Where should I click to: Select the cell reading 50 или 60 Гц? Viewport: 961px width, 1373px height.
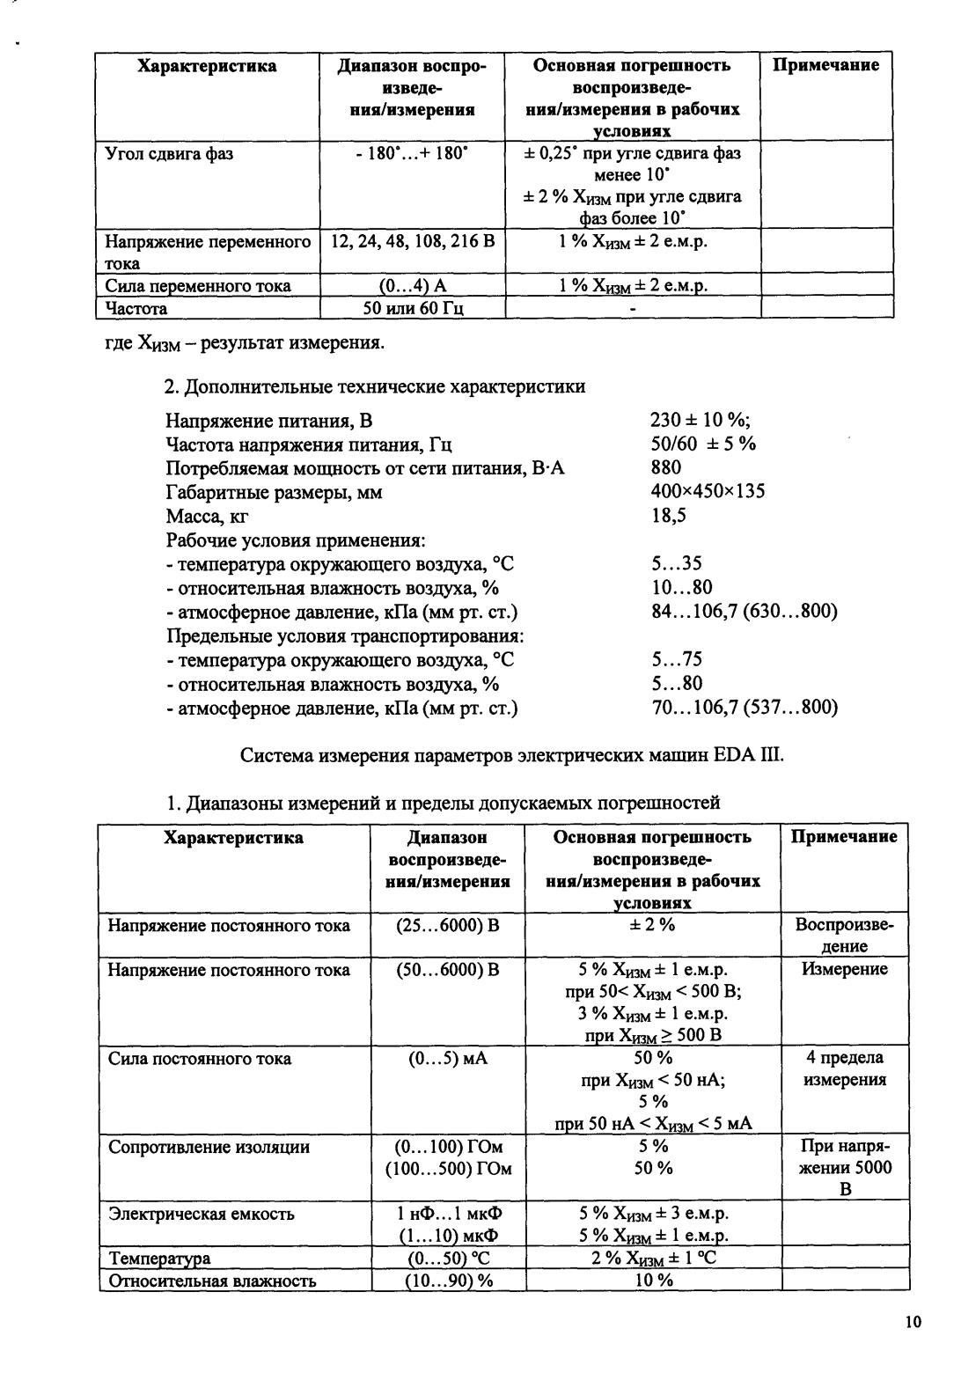(414, 308)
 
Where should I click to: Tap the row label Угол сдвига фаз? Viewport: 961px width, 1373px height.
(170, 154)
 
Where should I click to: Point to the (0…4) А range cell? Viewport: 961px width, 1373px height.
(414, 286)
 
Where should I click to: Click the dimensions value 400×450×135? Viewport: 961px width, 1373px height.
(708, 491)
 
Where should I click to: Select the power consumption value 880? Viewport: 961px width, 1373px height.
(666, 467)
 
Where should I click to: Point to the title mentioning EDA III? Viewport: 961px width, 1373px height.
(510, 755)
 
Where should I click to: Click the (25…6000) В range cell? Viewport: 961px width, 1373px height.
(448, 925)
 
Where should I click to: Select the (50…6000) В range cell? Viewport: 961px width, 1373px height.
(448, 970)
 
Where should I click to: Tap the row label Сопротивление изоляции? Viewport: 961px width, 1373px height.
(209, 1147)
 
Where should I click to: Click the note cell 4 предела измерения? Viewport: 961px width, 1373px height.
(845, 1068)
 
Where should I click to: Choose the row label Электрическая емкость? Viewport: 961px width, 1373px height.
(201, 1214)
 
